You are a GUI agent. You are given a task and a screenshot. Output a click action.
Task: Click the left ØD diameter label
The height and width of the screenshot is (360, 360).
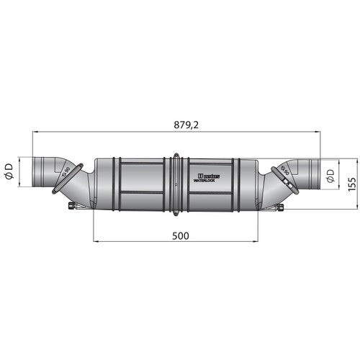[9, 171]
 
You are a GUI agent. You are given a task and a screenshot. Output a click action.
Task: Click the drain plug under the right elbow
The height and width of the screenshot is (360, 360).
[280, 210]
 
